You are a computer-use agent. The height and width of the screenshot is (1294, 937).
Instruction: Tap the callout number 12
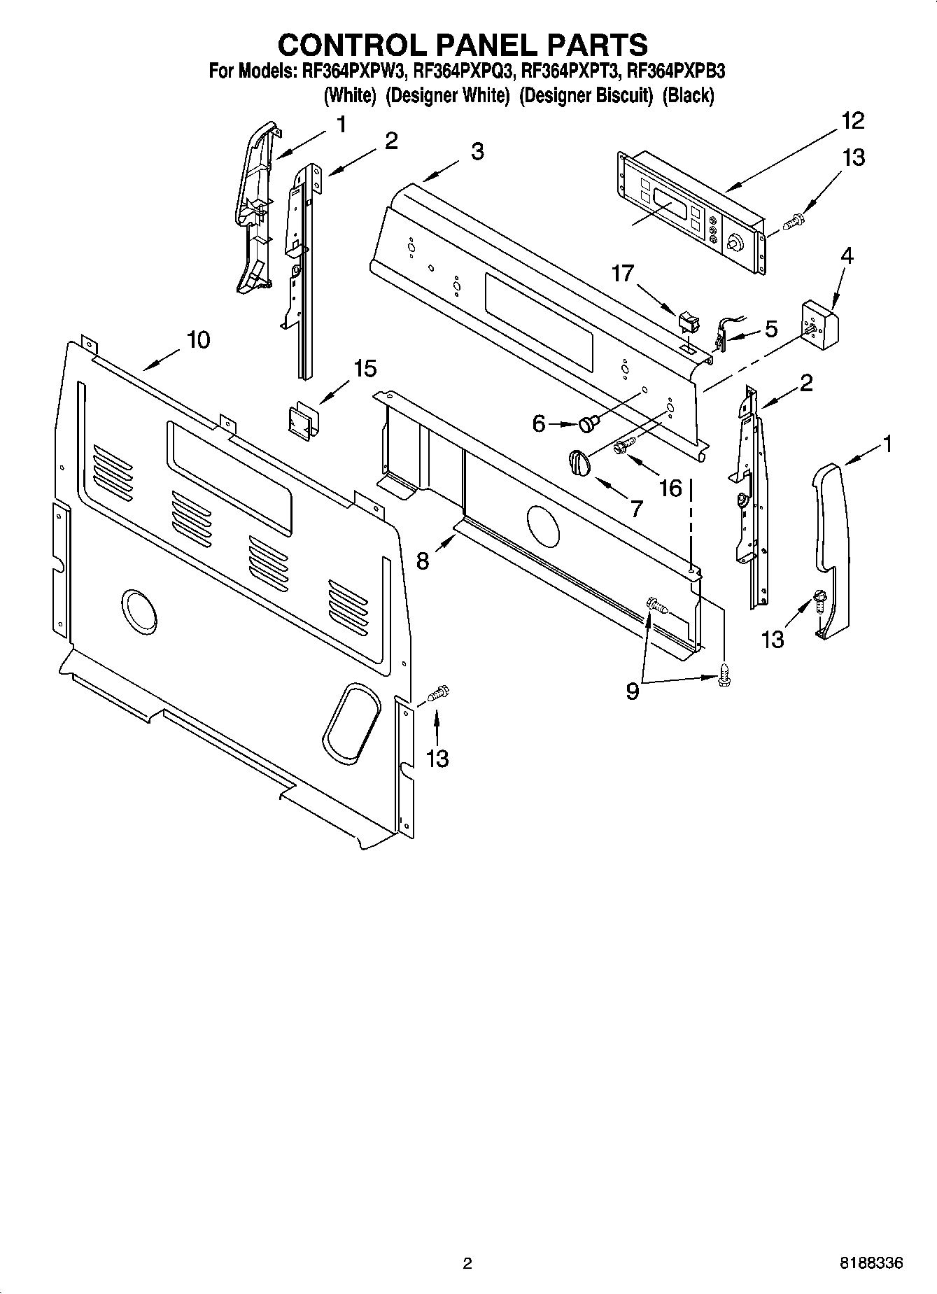click(852, 121)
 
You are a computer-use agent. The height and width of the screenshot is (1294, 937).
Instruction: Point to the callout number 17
click(622, 273)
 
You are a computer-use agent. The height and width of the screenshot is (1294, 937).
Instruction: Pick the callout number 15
click(365, 368)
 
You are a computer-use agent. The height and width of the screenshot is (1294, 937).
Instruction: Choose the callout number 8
click(423, 561)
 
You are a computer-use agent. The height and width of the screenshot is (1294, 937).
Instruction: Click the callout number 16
click(670, 488)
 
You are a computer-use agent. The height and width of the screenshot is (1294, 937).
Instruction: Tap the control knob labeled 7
click(579, 463)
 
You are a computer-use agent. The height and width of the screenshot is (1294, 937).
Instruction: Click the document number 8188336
click(871, 1263)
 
